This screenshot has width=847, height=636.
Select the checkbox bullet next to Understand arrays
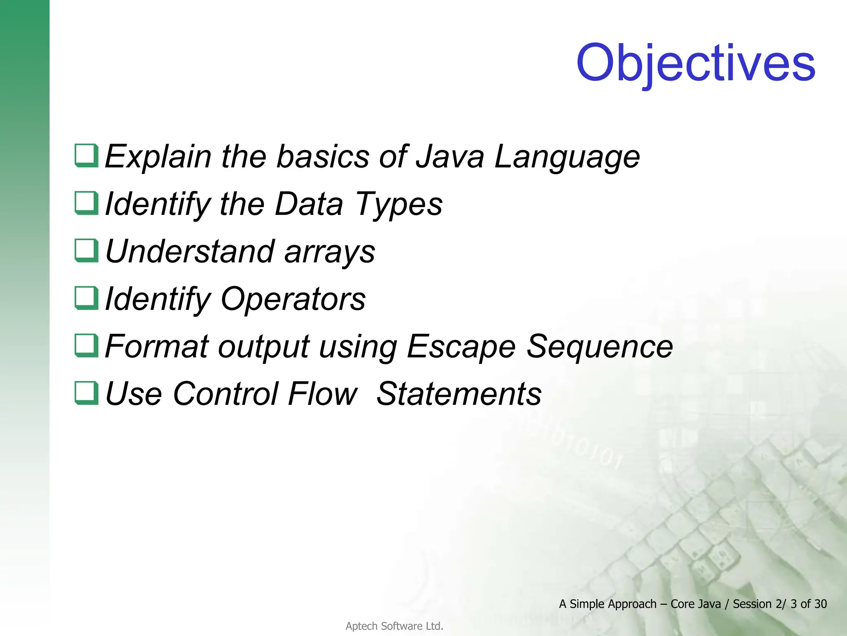point(86,251)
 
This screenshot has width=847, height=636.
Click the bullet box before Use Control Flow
point(86,393)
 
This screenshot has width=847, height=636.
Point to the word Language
point(567,157)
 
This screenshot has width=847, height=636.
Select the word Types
point(399,205)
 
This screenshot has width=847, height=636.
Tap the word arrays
point(330,253)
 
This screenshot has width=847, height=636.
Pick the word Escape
point(461,347)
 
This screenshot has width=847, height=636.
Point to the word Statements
point(459,394)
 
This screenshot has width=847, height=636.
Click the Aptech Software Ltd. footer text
point(394,626)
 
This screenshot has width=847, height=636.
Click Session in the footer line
point(752,604)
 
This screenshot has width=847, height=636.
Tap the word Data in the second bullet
point(309,204)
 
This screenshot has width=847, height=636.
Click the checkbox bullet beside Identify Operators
point(86,298)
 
